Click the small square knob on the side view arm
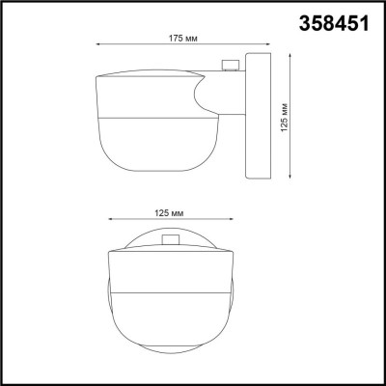tap(230, 66)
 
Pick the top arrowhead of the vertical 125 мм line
tap(287, 53)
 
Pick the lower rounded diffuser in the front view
tap(170, 323)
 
